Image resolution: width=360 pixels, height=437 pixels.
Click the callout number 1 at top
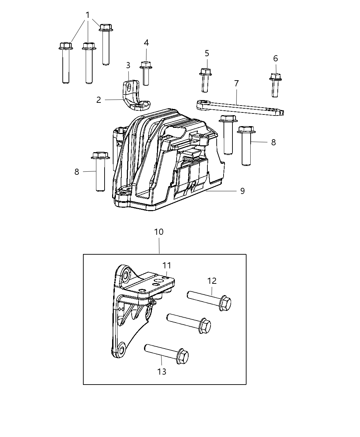pos(88,15)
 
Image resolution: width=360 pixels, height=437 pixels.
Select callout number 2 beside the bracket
pos(99,100)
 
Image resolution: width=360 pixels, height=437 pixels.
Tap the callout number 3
pos(128,65)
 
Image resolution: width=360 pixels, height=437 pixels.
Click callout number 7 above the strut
pos(236,84)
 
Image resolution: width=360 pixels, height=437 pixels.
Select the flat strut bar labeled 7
pos(240,108)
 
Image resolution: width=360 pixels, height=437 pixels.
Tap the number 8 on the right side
pos(273,142)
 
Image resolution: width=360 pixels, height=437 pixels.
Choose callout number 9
pos(242,191)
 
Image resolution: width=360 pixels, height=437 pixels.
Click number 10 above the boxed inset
pos(159,232)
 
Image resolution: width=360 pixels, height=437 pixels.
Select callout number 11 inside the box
pos(167,265)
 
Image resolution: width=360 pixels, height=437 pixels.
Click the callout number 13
pos(161,372)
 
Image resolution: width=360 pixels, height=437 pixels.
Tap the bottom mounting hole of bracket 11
pos(120,350)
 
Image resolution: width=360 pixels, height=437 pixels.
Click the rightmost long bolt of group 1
pos(106,45)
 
